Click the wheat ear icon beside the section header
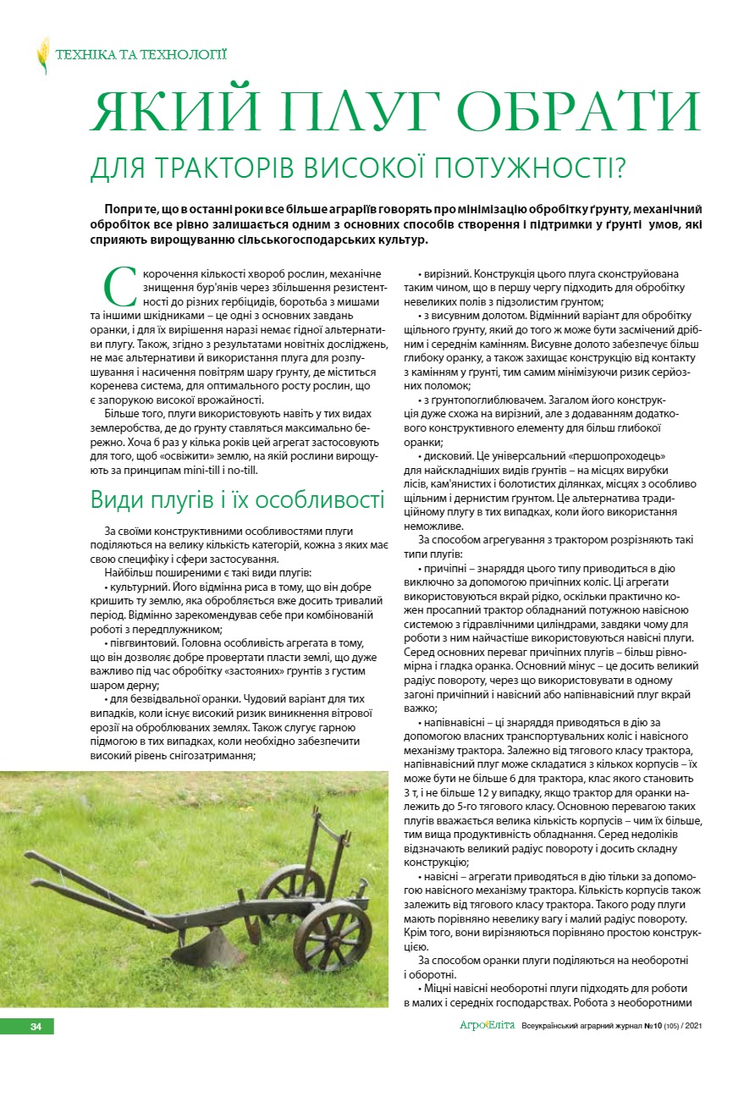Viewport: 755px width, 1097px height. click(x=43, y=55)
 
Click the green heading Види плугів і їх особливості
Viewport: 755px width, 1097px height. click(x=238, y=499)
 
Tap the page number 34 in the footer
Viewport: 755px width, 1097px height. click(x=36, y=1026)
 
